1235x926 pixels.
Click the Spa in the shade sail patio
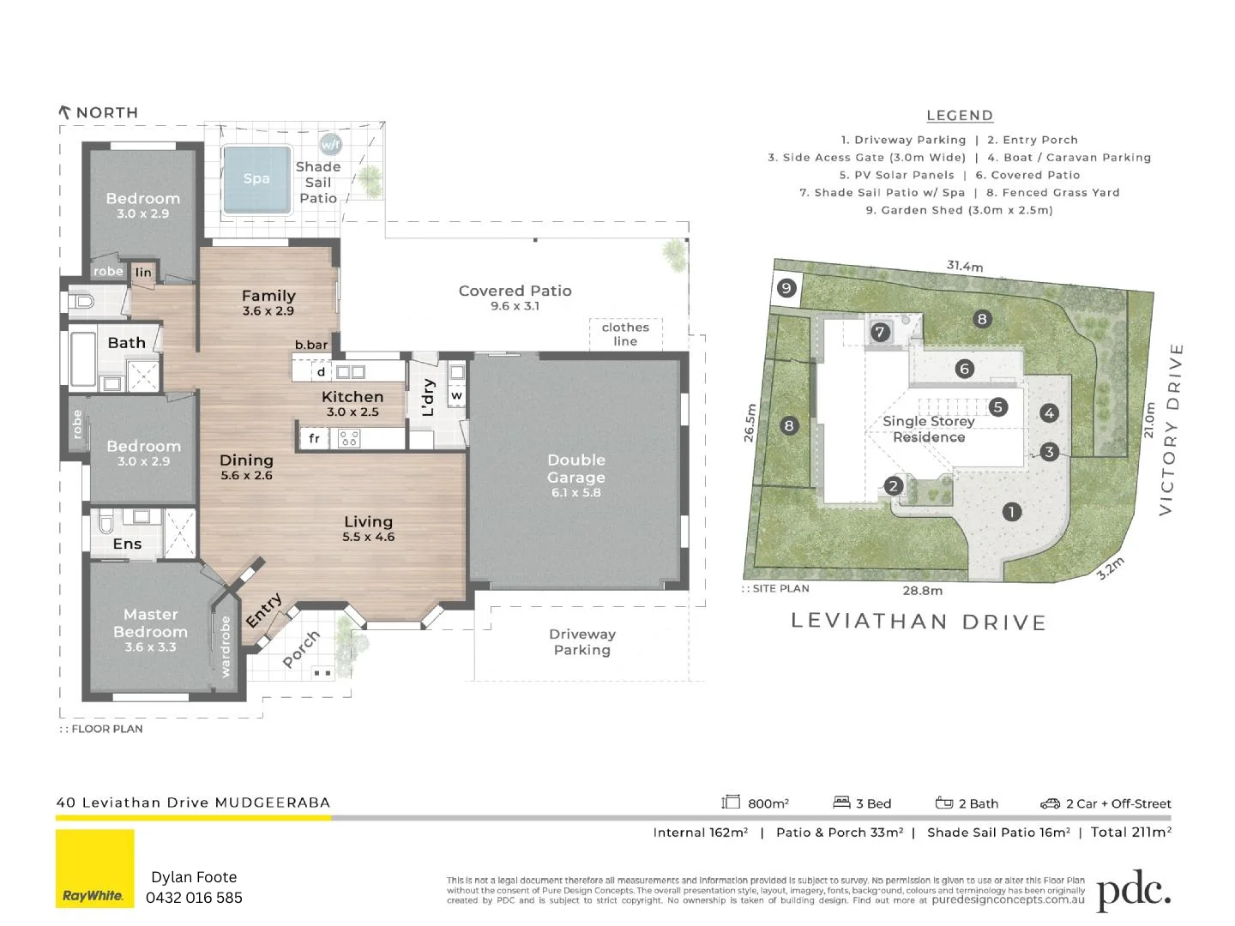click(256, 179)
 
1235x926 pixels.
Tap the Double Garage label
click(576, 475)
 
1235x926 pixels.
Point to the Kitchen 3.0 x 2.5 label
click(352, 403)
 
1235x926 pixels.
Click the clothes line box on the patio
click(625, 334)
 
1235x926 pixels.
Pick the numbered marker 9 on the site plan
click(786, 288)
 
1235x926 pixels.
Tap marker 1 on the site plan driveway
click(1012, 512)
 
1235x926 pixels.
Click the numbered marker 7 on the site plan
click(880, 333)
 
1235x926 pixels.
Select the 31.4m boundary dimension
click(965, 266)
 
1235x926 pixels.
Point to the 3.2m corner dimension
click(1111, 568)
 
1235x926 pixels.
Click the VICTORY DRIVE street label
click(1171, 429)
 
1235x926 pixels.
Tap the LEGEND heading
click(960, 116)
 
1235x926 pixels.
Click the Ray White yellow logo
click(95, 868)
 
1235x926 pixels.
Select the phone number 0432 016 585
click(194, 898)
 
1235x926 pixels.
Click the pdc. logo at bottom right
click(1133, 892)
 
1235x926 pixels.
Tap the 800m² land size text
click(767, 803)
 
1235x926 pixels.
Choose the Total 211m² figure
click(1130, 832)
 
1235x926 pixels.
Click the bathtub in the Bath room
click(82, 359)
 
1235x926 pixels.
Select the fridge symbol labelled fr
click(314, 438)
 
